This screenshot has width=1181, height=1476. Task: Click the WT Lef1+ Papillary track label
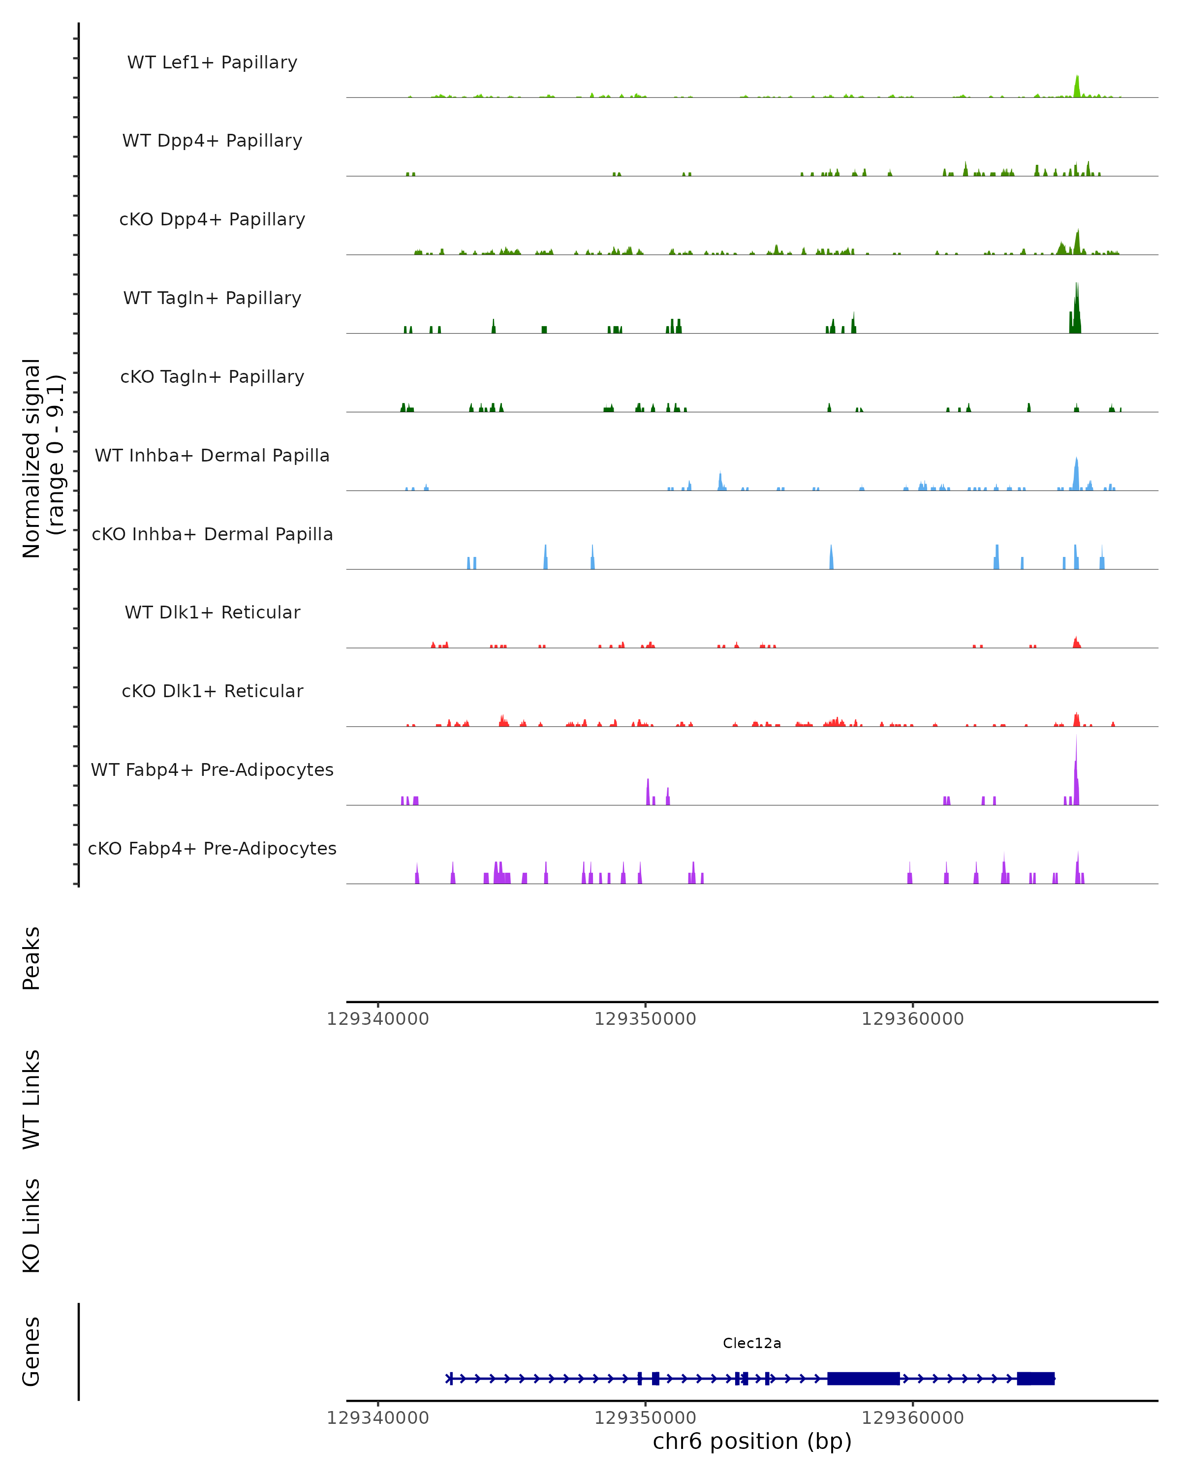212,62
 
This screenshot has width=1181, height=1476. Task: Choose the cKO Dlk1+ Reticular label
212,691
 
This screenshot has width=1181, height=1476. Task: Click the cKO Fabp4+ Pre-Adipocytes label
212,848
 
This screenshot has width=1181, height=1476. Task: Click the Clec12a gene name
752,1343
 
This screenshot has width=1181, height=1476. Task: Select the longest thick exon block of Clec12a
863,1378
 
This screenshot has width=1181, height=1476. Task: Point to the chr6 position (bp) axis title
752,1441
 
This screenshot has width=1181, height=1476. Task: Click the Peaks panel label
31,958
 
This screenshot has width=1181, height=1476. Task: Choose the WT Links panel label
31,1099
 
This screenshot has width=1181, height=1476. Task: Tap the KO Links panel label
31,1226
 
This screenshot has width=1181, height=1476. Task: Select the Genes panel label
31,1352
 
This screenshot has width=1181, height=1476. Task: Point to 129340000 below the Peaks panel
378,1019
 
